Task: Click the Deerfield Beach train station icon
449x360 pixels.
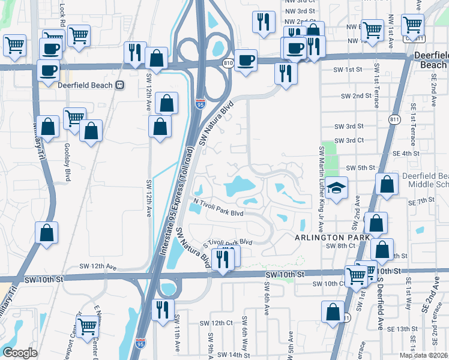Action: coord(119,85)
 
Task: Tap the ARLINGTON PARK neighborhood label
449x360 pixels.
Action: coord(323,238)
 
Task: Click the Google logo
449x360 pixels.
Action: coord(20,353)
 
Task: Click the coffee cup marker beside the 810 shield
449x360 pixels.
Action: coord(245,60)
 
